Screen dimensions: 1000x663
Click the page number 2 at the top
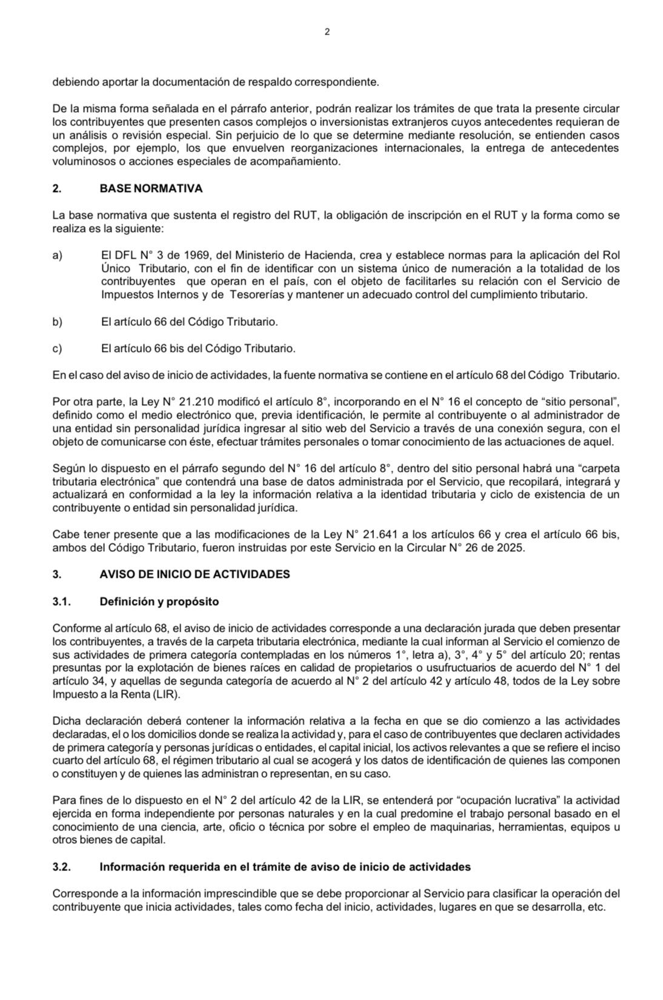pyautogui.click(x=327, y=32)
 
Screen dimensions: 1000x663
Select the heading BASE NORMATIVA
pyautogui.click(x=151, y=188)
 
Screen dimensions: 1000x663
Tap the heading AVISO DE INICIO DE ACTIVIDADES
pyautogui.click(x=195, y=574)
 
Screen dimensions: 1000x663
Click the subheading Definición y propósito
pyautogui.click(x=159, y=601)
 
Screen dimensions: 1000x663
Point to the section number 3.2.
pyautogui.click(x=62, y=867)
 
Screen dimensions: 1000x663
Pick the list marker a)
pyautogui.click(x=58, y=255)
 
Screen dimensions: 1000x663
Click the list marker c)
pyautogui.click(x=58, y=348)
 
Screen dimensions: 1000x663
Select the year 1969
pyautogui.click(x=179, y=255)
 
